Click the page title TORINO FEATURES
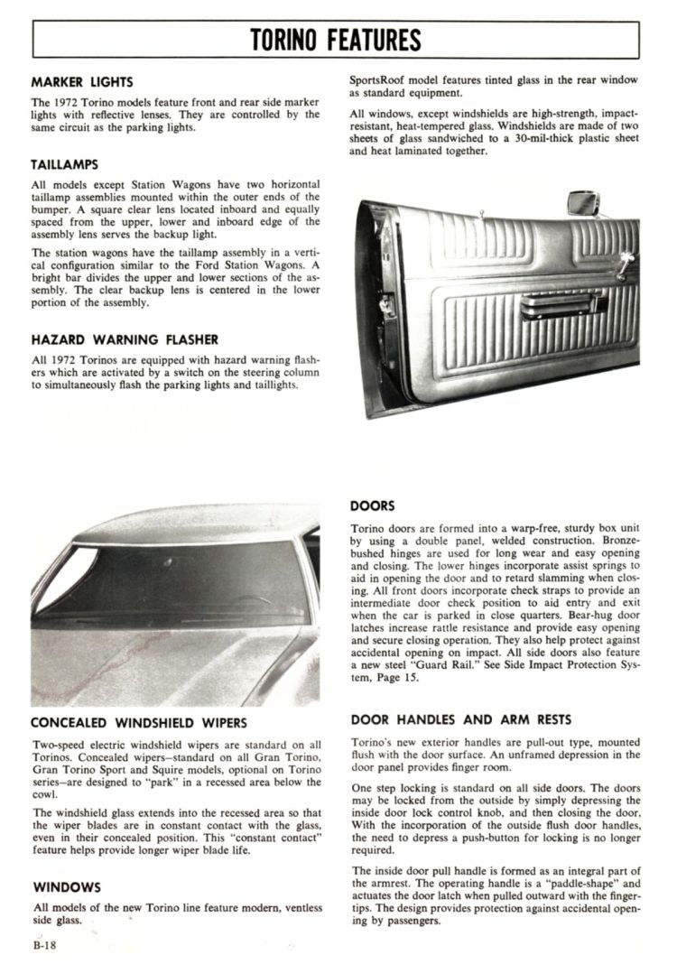pyautogui.click(x=336, y=40)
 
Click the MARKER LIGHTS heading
pyautogui.click(x=82, y=82)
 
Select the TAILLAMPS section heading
pyautogui.click(x=64, y=165)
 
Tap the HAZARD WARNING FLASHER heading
pyautogui.click(x=124, y=339)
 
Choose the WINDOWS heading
pyautogui.click(x=66, y=887)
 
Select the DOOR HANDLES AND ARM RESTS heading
pyautogui.click(x=460, y=719)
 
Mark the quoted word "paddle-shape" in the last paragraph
pyautogui.click(x=572, y=883)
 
